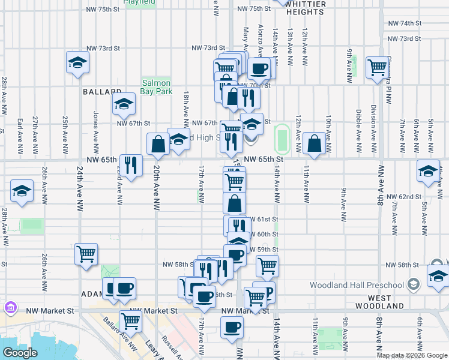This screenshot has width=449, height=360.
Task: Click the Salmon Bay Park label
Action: [156, 87]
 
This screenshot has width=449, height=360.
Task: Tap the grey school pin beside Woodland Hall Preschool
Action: [414, 284]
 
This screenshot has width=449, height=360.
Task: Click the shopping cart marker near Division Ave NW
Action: [378, 68]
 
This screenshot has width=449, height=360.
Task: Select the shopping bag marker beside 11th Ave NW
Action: [315, 143]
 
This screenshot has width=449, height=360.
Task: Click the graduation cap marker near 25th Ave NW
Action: [77, 62]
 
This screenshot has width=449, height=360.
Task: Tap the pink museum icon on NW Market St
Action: [10, 308]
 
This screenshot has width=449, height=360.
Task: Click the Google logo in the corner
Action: [19, 353]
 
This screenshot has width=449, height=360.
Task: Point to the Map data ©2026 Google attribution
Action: [412, 356]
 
